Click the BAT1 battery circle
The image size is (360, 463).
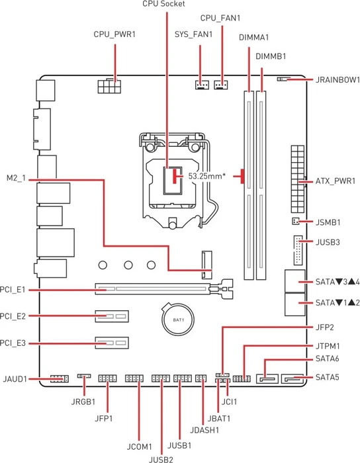pyautogui.click(x=179, y=319)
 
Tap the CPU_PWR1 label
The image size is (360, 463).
pyautogui.click(x=114, y=34)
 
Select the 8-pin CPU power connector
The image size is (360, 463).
pyautogui.click(x=109, y=86)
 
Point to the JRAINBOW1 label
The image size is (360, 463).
pyautogui.click(x=337, y=80)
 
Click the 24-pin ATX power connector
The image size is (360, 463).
pyautogui.click(x=298, y=179)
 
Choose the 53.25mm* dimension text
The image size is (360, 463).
pyautogui.click(x=207, y=176)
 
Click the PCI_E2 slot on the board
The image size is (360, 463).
pyautogui.click(x=112, y=316)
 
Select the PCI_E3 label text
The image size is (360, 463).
pyautogui.click(x=13, y=343)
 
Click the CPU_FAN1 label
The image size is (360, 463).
pyautogui.click(x=220, y=18)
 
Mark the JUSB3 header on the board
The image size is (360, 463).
pyautogui.click(x=298, y=250)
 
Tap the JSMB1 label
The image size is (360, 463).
pyautogui.click(x=328, y=222)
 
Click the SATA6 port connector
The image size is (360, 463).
pyautogui.click(x=268, y=378)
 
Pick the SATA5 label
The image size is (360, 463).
pyautogui.click(x=327, y=377)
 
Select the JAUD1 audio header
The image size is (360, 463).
pyautogui.click(x=60, y=378)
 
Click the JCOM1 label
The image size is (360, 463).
pyautogui.click(x=140, y=446)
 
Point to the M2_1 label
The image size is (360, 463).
pyautogui.click(x=16, y=179)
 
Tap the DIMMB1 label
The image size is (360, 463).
pyautogui.click(x=271, y=56)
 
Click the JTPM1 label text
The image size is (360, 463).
pyautogui.click(x=328, y=346)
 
